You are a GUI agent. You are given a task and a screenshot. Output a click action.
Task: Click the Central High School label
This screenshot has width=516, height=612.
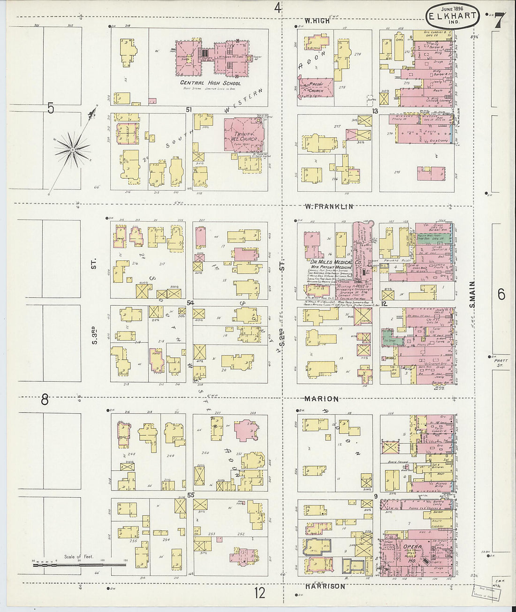click(x=211, y=83)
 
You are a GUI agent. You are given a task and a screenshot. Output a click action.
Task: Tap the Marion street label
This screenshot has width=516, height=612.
click(x=321, y=399)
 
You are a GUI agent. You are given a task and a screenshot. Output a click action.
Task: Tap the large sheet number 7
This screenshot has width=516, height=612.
click(x=499, y=21)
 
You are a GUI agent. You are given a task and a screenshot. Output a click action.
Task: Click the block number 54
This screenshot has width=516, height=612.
click(x=190, y=303)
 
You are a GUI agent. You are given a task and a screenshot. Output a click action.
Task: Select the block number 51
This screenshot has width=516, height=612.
click(x=190, y=109)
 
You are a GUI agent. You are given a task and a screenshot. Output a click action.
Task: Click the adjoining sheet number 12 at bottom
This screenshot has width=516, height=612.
click(x=259, y=593)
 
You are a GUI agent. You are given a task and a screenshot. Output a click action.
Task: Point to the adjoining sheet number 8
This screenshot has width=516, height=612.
click(x=45, y=400)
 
